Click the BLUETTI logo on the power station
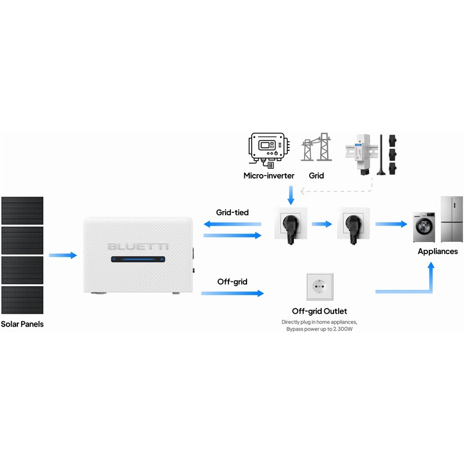[138, 246]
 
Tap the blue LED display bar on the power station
[138, 259]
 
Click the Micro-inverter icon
[269, 150]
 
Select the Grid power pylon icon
[316, 147]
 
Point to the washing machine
[424, 227]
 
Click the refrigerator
[452, 219]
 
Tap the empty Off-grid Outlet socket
[320, 287]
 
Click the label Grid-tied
[233, 212]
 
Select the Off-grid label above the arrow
[233, 282]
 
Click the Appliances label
[438, 252]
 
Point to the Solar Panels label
[22, 324]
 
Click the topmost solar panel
[23, 211]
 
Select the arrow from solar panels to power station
[63, 255]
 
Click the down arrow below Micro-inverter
[291, 195]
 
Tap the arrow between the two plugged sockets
[322, 224]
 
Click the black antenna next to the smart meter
[381, 155]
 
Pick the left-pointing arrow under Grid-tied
[233, 224]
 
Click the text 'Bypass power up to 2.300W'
[320, 329]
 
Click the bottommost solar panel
[23, 300]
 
